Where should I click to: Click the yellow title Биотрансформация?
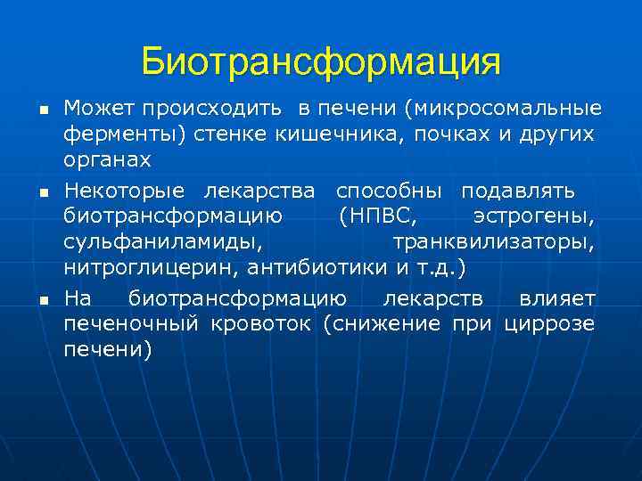tap(321, 62)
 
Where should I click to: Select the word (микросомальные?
tap(503, 110)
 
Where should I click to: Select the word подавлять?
tap(518, 191)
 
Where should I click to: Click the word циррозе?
tap(549, 322)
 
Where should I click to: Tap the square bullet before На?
tap(43, 300)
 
